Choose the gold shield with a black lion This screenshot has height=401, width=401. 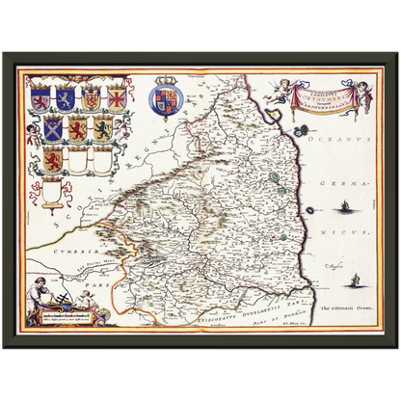pos(103,128)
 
